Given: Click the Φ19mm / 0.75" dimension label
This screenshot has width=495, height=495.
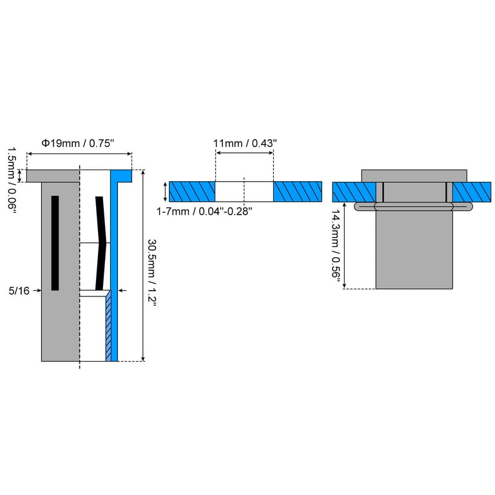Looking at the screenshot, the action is pyautogui.click(x=77, y=143).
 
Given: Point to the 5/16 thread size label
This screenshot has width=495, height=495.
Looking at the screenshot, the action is pyautogui.click(x=19, y=291).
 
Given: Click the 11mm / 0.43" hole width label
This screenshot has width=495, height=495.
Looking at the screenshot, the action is pyautogui.click(x=245, y=143).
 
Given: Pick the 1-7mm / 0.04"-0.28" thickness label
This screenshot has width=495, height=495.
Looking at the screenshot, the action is pyautogui.click(x=204, y=211).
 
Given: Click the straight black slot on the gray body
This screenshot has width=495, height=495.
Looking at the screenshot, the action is pyautogui.click(x=55, y=243).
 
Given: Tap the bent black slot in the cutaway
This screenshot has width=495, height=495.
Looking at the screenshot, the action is pyautogui.click(x=101, y=243).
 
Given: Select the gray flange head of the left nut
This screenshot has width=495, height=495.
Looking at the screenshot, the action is pyautogui.click(x=53, y=176).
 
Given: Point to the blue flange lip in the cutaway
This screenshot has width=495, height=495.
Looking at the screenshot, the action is pyautogui.click(x=121, y=175).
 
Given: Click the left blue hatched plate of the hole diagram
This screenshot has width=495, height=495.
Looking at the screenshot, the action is pyautogui.click(x=192, y=191).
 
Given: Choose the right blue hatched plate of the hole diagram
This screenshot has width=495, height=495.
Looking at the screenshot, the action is pyautogui.click(x=298, y=191).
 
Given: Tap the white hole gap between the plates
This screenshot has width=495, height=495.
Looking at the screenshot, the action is pyautogui.click(x=244, y=191).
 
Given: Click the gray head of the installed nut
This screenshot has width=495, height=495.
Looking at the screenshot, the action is pyautogui.click(x=414, y=176).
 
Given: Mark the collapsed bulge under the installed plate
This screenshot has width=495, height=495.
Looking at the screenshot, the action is pyautogui.click(x=414, y=206).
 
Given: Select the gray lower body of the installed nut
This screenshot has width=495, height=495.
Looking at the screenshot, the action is pyautogui.click(x=414, y=249).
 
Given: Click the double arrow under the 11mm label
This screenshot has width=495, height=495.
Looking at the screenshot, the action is pyautogui.click(x=245, y=153).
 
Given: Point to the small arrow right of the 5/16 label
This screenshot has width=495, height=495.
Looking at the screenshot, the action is pyautogui.click(x=37, y=291).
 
